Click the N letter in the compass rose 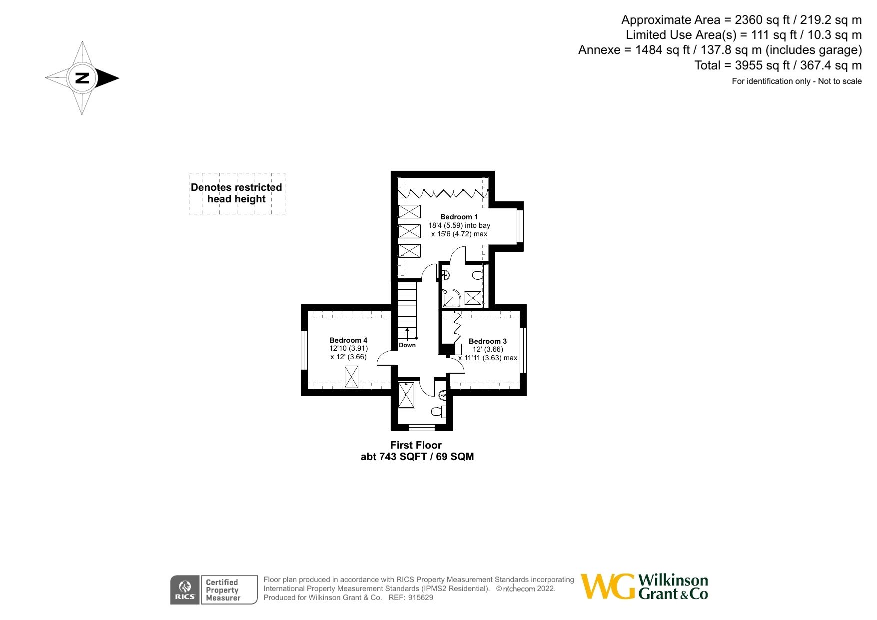82,78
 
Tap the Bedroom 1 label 459,217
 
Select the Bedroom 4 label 348,340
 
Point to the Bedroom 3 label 487,341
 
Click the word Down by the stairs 407,345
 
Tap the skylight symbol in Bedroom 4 352,377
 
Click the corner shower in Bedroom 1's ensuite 451,298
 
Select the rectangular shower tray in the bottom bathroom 406,395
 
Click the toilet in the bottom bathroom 437,412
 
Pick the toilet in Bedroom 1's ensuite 478,275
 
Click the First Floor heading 416,445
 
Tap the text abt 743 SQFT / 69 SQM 417,457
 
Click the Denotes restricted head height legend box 237,193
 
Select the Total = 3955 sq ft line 778,65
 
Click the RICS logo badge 185,590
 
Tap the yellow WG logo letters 608,587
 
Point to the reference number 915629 421,598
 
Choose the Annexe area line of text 720,50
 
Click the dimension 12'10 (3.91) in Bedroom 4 348,349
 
